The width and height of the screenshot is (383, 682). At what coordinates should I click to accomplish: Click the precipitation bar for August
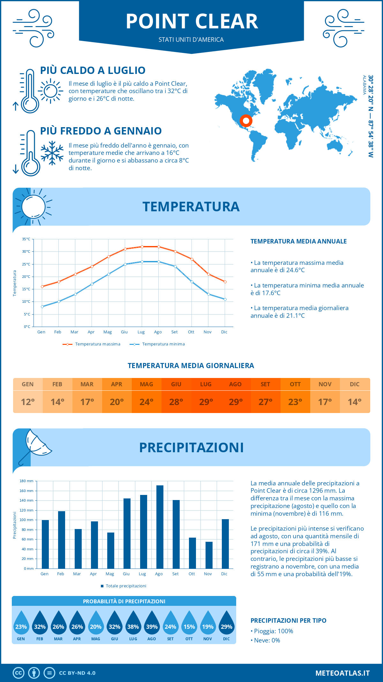pos(160,527)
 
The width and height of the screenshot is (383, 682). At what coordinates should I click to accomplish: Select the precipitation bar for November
pos(209,555)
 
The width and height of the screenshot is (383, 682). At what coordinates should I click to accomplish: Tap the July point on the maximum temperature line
pos(142,247)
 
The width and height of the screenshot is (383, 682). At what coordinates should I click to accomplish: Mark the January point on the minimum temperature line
pos(42,307)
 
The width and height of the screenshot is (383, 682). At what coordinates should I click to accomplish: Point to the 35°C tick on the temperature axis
pos(26,239)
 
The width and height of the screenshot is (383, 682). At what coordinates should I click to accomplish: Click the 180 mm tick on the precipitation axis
pos(27,481)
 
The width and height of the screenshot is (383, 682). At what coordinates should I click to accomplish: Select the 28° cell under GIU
pos(176,402)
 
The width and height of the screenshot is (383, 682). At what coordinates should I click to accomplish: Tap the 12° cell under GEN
pos(28,402)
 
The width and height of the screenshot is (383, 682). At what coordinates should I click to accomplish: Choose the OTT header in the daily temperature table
pos(295,384)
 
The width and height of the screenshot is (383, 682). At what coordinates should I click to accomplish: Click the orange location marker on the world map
pos(246,121)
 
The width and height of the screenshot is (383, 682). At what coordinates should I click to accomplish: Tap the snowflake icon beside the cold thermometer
pos(52,153)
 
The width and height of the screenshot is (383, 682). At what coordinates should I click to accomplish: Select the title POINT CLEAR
pos(192,22)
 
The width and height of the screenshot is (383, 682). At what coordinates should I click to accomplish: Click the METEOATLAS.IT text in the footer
pos(342,673)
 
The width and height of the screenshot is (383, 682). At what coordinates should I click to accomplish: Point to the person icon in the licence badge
pos(34,673)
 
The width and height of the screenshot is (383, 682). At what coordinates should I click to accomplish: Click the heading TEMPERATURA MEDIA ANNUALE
pos(298,241)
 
